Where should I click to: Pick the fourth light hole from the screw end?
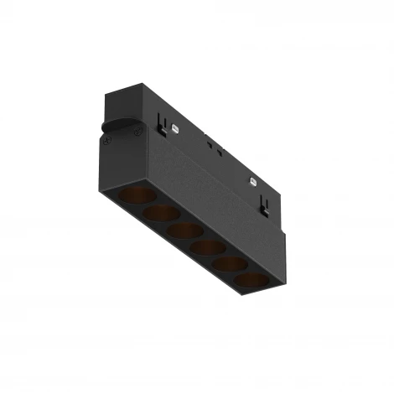pyautogui.click(x=205, y=247)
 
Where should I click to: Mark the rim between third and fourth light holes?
pyautogui.click(x=194, y=239)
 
